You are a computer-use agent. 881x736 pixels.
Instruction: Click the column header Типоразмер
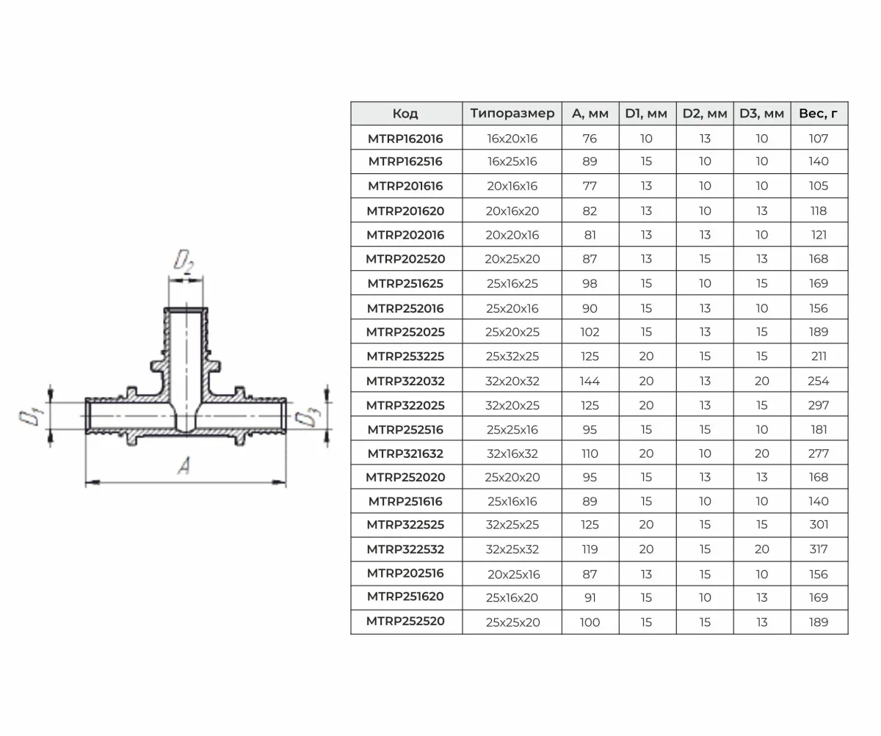(x=512, y=114)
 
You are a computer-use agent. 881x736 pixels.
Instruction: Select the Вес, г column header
(x=818, y=114)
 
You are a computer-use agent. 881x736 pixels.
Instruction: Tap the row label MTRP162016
(x=405, y=139)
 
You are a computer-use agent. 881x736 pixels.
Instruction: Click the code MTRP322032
(x=405, y=382)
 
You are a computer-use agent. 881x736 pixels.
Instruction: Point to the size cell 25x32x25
(x=512, y=357)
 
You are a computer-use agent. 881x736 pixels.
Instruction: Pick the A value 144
(x=590, y=382)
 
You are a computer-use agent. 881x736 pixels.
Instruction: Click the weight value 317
(x=818, y=549)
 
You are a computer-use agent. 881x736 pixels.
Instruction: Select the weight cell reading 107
(x=818, y=139)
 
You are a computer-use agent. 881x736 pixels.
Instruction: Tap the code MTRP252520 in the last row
(x=405, y=622)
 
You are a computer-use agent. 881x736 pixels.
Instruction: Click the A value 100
(x=590, y=622)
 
